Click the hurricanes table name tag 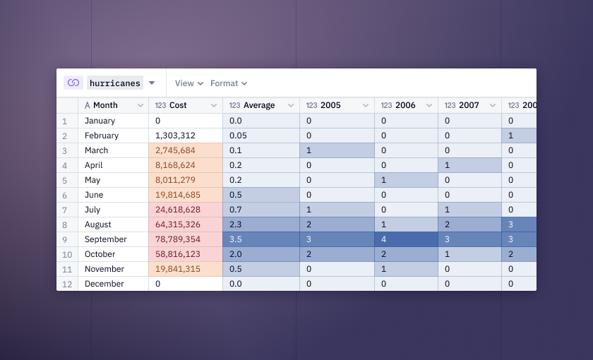(115, 83)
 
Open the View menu (189, 83)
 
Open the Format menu (229, 83)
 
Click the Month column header (114, 105)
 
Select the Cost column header (186, 105)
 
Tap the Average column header (261, 105)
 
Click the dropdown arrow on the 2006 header (429, 105)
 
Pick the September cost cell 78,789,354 (186, 239)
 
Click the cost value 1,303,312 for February (186, 136)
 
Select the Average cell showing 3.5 (261, 239)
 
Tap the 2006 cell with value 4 (407, 239)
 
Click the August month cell (114, 224)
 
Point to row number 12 (67, 284)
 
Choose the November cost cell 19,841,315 (186, 269)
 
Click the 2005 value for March (337, 150)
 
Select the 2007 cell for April (470, 165)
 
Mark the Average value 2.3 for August (261, 224)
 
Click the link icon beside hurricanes (73, 83)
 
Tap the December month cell (114, 284)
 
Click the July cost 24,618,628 (186, 210)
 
